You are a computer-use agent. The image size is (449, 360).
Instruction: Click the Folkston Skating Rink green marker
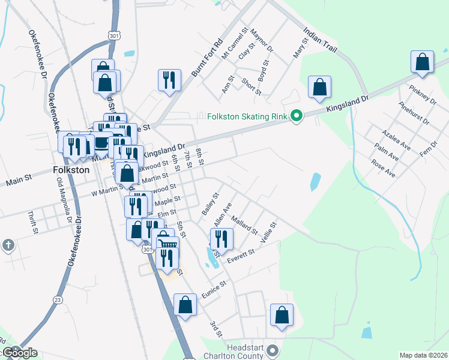(296, 116)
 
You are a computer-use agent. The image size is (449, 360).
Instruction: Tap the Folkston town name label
(71, 170)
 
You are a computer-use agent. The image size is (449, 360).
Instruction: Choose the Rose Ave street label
(383, 168)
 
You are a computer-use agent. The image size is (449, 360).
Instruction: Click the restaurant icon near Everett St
(221, 239)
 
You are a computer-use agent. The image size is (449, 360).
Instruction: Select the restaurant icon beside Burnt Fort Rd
(169, 79)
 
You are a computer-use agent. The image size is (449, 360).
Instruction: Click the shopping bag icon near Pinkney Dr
(423, 62)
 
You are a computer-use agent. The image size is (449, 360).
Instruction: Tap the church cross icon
(8, 245)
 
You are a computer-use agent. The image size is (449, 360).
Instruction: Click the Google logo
(19, 353)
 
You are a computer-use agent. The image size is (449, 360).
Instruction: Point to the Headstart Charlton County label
(246, 352)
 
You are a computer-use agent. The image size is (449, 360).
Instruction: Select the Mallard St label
(244, 226)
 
